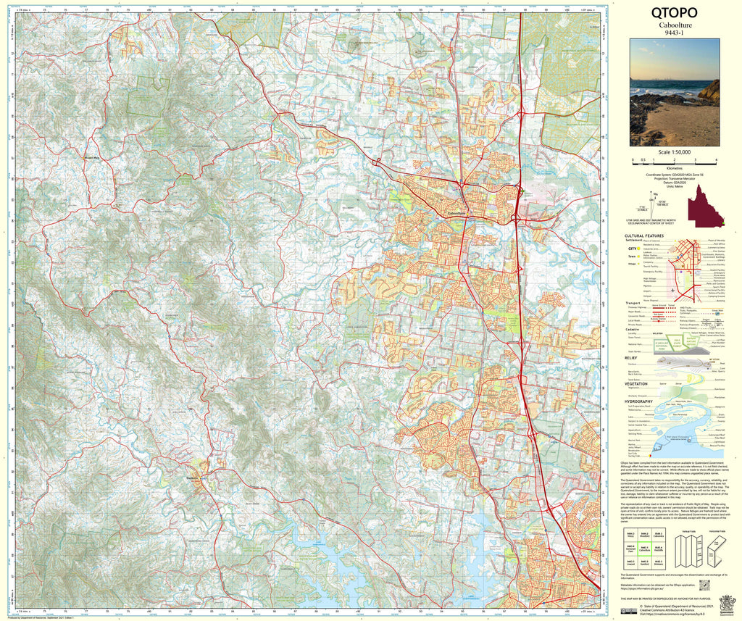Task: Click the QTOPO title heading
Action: [x=674, y=12]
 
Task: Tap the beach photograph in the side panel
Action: [x=674, y=91]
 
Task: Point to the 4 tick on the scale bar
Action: [x=716, y=159]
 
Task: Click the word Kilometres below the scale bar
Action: [x=674, y=168]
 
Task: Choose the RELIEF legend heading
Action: [x=633, y=358]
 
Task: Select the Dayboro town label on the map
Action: [x=194, y=478]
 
